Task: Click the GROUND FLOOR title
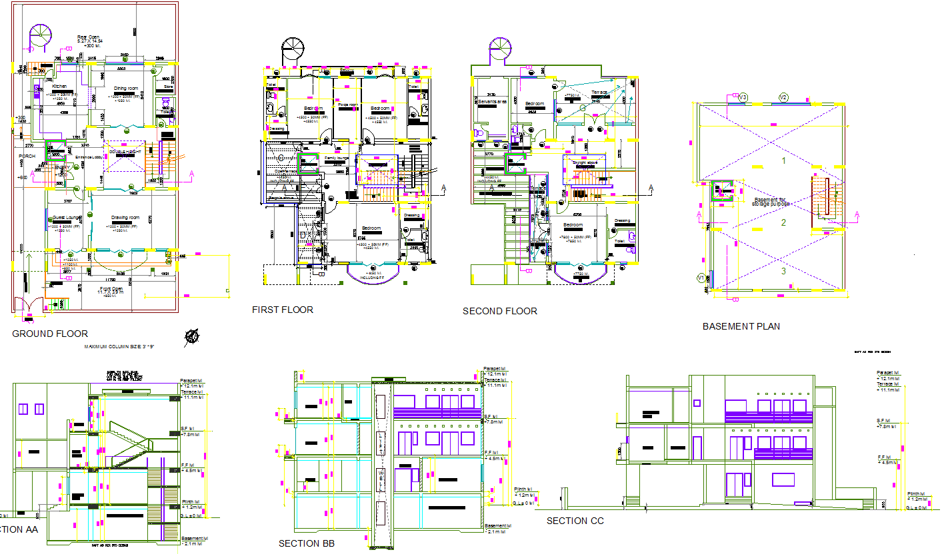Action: (x=50, y=334)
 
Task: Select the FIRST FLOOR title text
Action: (x=282, y=310)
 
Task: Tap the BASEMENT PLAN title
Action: (x=741, y=326)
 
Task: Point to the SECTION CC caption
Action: (x=575, y=521)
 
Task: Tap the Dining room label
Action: (x=125, y=88)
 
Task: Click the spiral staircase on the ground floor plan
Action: (x=39, y=35)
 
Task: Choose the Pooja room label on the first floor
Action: (x=347, y=105)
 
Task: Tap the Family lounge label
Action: (x=337, y=158)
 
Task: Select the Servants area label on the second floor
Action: (x=492, y=101)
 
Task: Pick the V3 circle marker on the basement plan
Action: (x=743, y=98)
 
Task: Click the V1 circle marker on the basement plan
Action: (x=701, y=278)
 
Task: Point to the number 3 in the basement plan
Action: (x=783, y=271)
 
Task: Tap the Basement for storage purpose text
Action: (x=771, y=202)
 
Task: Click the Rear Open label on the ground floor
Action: (x=88, y=37)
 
